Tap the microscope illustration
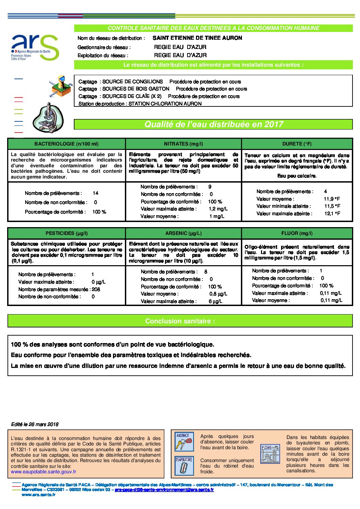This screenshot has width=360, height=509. click(x=48, y=118)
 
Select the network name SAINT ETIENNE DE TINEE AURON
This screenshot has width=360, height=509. click(x=197, y=38)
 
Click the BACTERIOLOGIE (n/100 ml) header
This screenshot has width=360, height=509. click(x=66, y=144)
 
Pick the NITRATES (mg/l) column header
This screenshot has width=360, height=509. click(x=183, y=144)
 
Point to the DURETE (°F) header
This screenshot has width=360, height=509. click(x=297, y=144)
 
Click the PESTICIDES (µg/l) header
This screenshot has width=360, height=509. click(x=66, y=233)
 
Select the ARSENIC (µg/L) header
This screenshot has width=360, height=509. click(x=183, y=233)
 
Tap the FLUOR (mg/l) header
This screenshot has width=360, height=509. click(x=297, y=233)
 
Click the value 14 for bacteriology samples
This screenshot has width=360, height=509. click(x=96, y=193)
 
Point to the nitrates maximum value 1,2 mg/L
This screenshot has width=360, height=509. click(x=218, y=209)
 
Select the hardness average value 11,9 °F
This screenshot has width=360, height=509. click(x=332, y=199)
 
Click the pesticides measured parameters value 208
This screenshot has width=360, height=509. click(x=96, y=289)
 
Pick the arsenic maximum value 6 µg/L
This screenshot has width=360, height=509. click(x=215, y=301)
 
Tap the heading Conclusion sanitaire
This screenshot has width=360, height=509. click(x=180, y=321)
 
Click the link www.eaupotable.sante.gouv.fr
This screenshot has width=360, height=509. click(x=44, y=472)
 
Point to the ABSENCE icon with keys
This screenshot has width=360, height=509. click(x=184, y=441)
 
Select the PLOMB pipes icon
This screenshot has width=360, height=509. click(x=270, y=454)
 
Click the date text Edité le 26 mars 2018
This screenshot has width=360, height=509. click(x=35, y=424)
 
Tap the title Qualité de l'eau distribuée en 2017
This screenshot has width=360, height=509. click(x=214, y=124)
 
